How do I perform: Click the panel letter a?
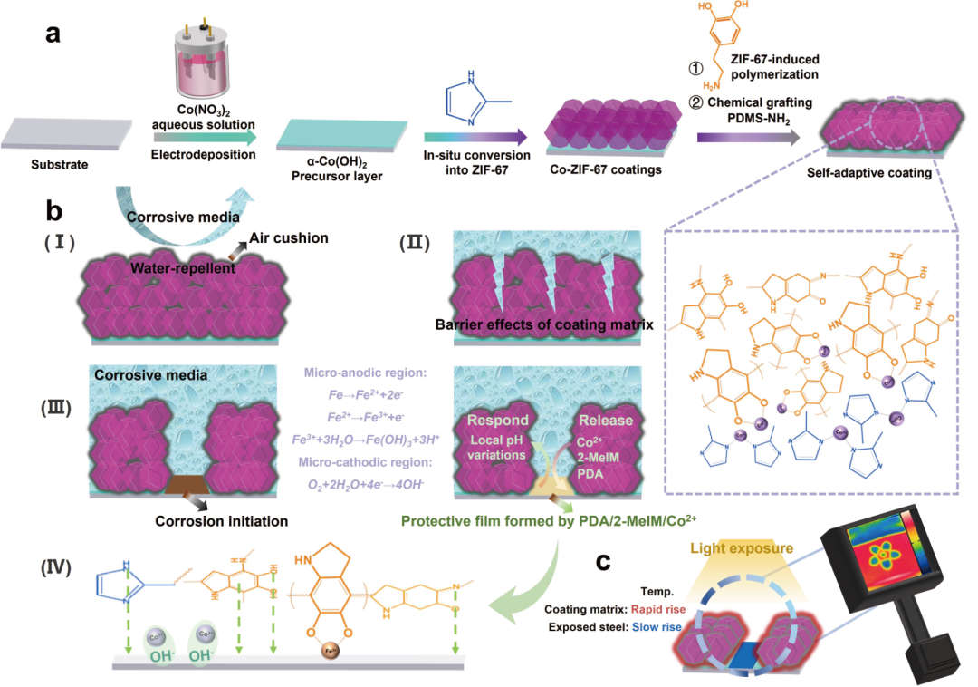(x=55, y=34)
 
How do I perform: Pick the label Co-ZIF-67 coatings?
(x=597, y=169)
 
